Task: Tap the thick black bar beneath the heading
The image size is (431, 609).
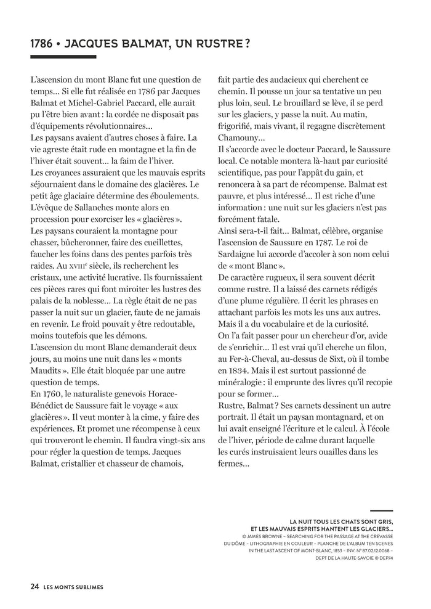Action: pos(63,57)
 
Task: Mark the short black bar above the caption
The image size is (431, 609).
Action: pos(382,510)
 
